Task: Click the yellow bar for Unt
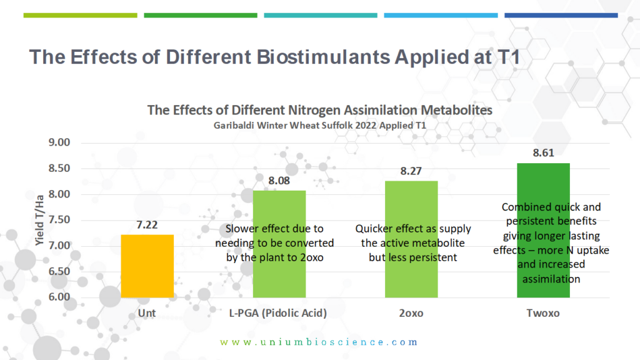coord(147,266)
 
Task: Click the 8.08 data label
coord(279,181)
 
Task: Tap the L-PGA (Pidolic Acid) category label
coord(279,312)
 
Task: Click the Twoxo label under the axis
coord(542,312)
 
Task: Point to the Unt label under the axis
coord(147,312)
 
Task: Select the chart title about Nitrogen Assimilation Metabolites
coord(319,110)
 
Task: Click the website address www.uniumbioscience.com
coord(319,342)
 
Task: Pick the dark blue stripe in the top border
coord(561,15)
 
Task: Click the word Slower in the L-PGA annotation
coord(244,229)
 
